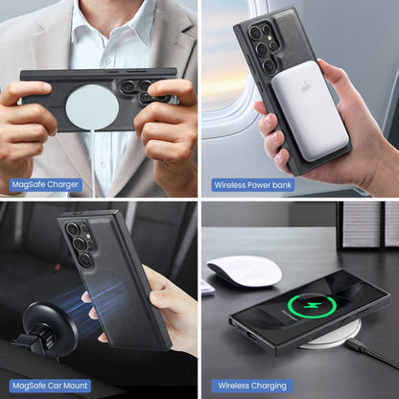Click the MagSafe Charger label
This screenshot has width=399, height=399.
click(x=45, y=185)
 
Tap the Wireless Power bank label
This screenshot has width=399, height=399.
click(x=253, y=185)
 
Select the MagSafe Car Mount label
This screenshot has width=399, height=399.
click(x=50, y=386)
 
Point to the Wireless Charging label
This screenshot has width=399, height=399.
click(x=252, y=386)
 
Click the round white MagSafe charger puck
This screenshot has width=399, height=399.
click(x=92, y=107)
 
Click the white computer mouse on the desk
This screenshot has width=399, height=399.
click(x=245, y=271)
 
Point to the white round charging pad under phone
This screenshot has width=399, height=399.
click(x=333, y=336)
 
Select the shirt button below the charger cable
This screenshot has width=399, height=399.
click(x=102, y=163)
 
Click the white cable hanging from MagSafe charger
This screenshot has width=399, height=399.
click(x=95, y=161)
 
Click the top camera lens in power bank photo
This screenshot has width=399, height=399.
click(x=256, y=33)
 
